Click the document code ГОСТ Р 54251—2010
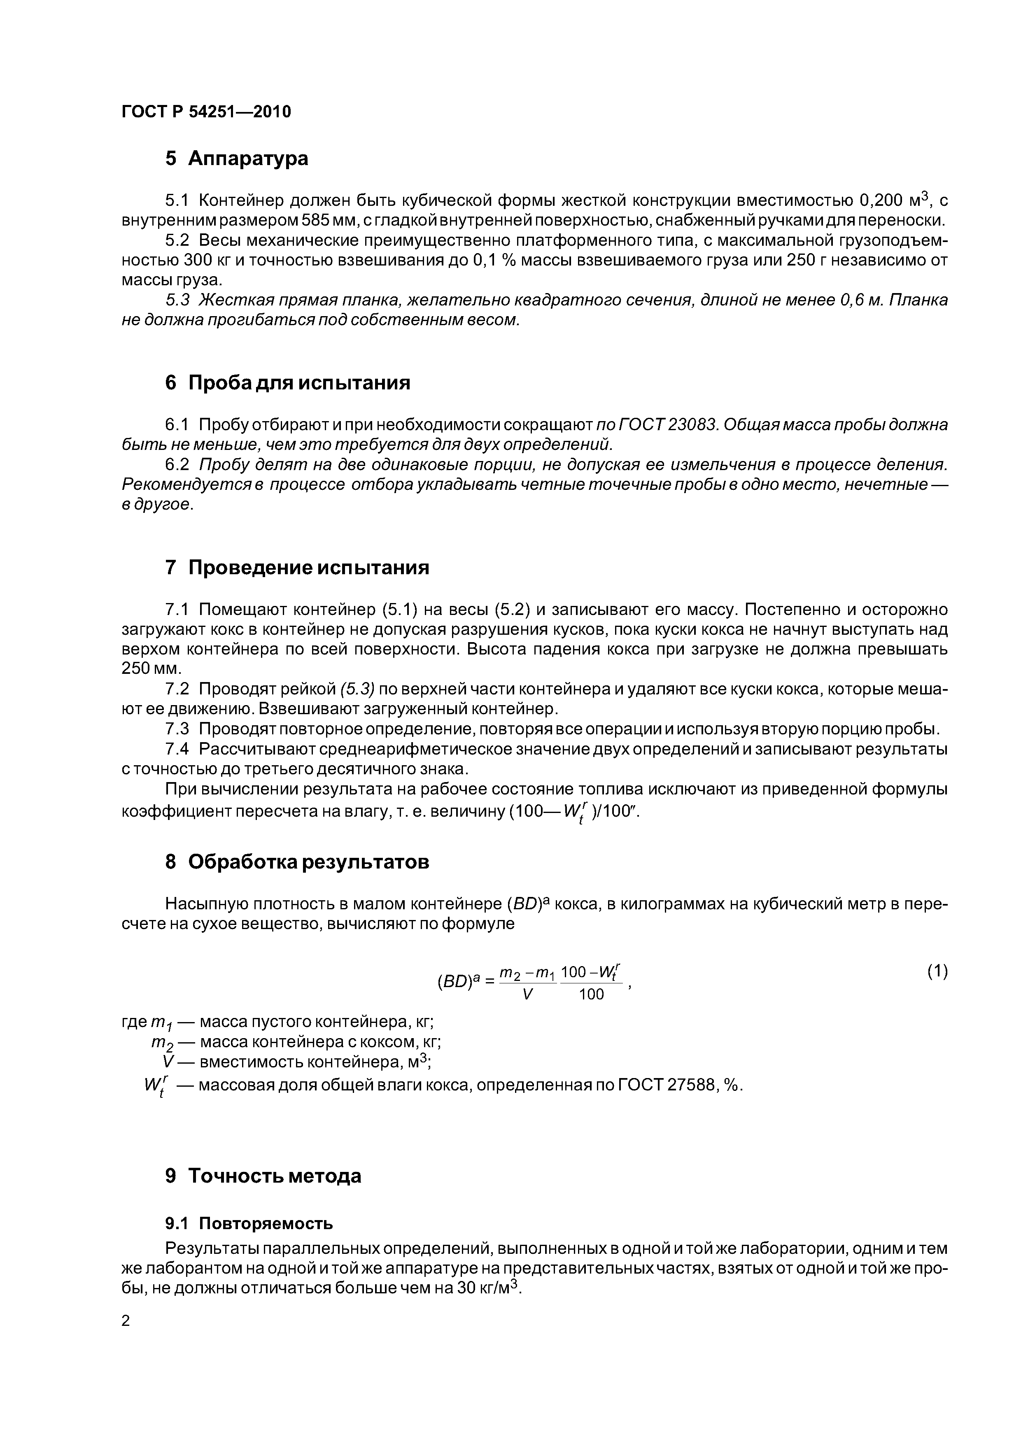point(206,112)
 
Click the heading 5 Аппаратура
point(237,158)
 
